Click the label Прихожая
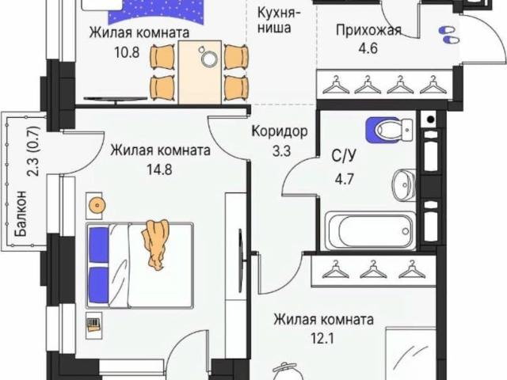click(x=368, y=31)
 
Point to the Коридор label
click(x=279, y=131)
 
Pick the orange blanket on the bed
click(x=154, y=243)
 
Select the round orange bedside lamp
click(x=96, y=203)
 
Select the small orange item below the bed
click(x=93, y=325)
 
